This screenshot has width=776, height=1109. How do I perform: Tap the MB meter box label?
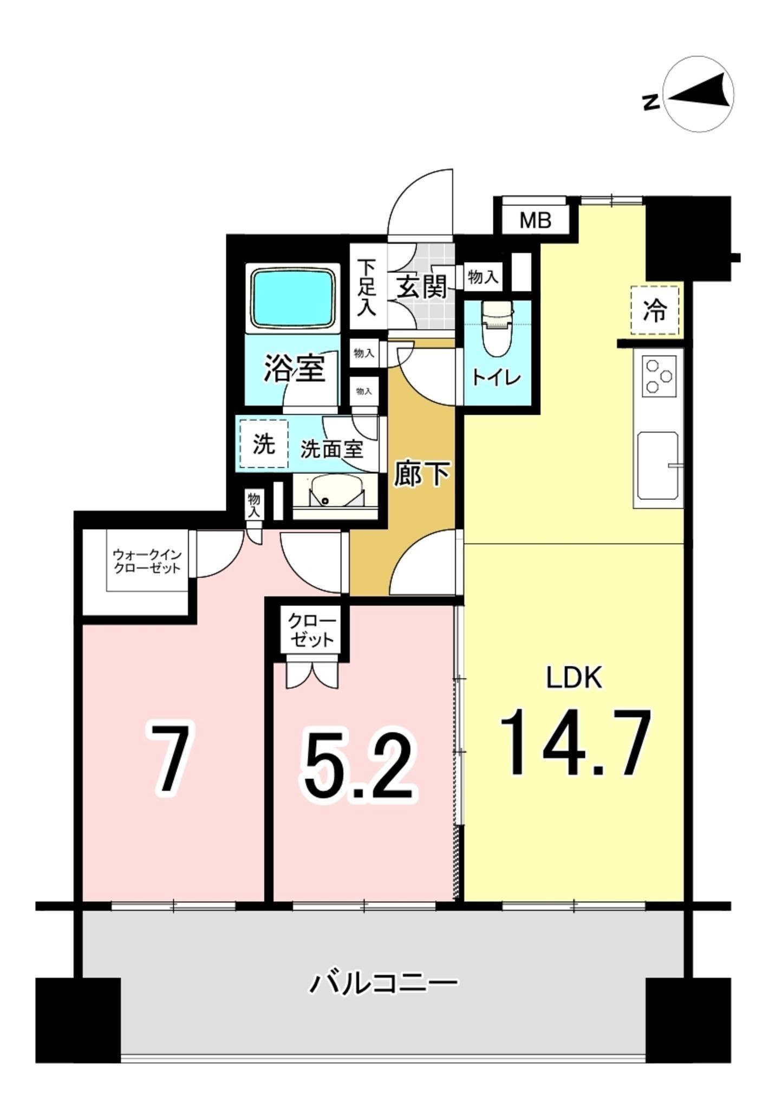click(535, 220)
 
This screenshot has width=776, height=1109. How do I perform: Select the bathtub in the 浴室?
click(292, 298)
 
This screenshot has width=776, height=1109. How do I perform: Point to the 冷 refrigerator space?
click(654, 310)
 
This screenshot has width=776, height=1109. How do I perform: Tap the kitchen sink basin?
click(657, 465)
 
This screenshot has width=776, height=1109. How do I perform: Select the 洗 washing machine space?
click(264, 444)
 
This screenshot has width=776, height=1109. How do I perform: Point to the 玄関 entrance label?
click(422, 286)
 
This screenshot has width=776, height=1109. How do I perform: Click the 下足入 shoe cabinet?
click(368, 287)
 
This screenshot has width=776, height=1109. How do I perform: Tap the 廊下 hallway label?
click(421, 473)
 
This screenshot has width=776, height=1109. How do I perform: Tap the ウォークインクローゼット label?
click(147, 561)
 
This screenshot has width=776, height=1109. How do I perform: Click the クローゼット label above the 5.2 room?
click(312, 630)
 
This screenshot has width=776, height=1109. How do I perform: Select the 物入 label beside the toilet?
click(482, 278)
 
